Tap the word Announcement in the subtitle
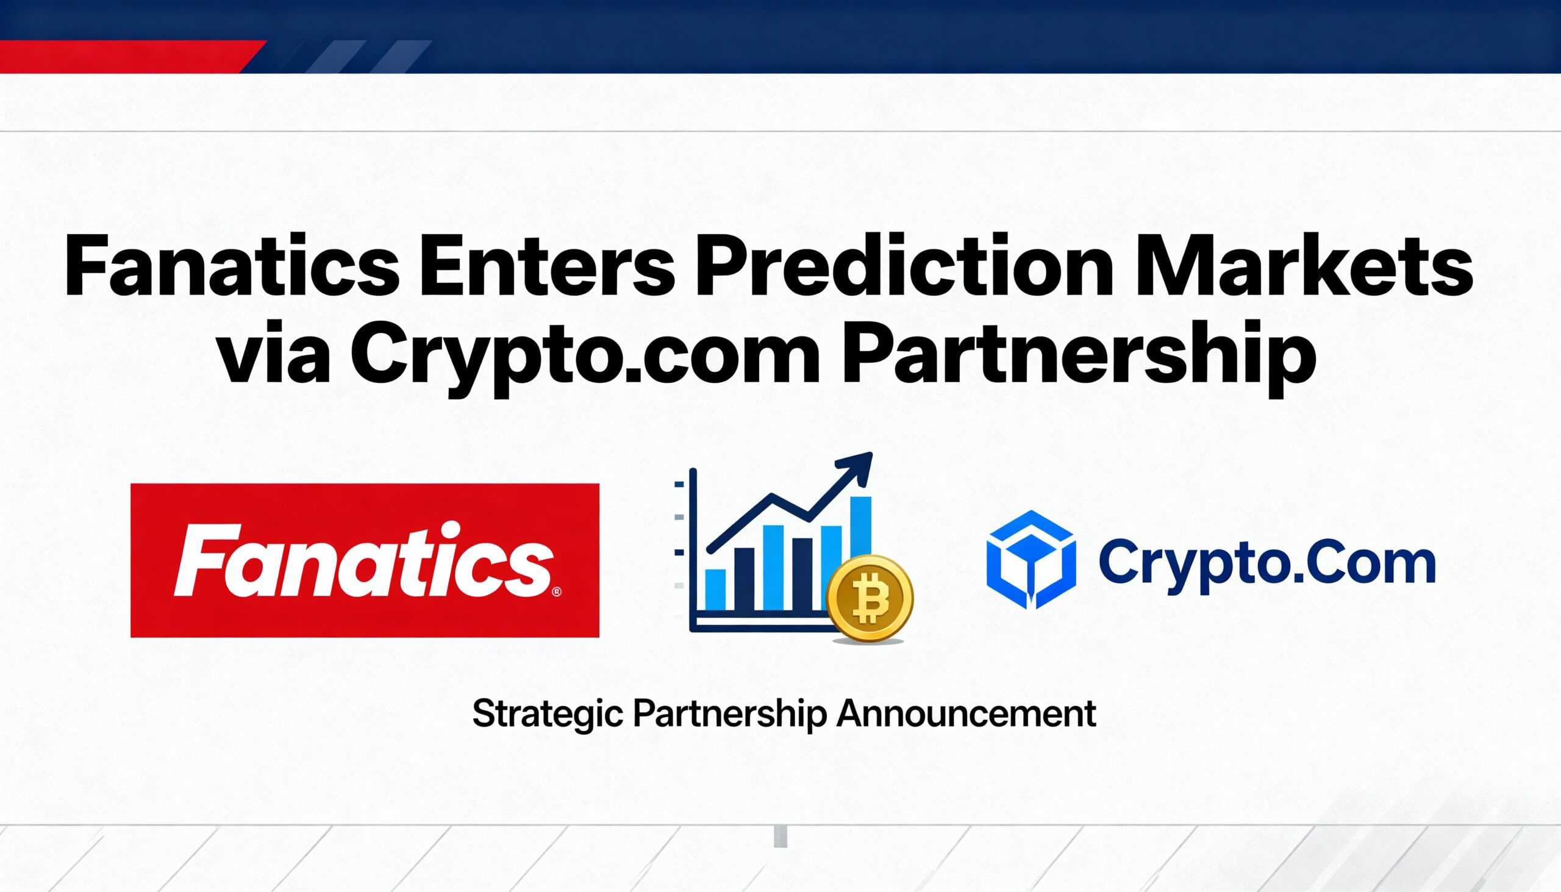point(966,713)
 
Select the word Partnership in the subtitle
point(729,715)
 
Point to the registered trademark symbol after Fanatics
point(556,592)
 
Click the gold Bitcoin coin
point(870,598)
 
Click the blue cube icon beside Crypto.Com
point(1031,559)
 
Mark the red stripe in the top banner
point(123,56)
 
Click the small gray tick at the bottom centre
point(780,837)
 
